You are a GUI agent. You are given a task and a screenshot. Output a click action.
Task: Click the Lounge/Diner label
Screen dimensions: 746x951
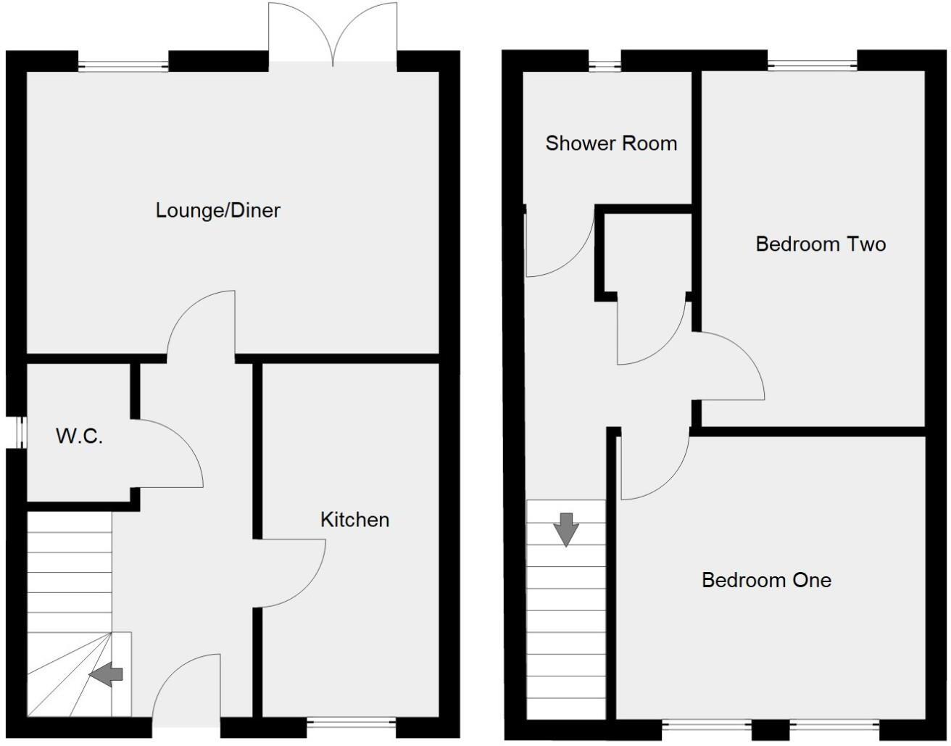(217, 210)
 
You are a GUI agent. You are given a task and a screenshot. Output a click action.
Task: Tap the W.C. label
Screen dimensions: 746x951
(79, 436)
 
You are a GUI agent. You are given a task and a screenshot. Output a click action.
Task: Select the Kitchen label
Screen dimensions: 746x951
(354, 520)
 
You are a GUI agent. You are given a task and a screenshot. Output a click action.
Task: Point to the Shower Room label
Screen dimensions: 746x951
(611, 144)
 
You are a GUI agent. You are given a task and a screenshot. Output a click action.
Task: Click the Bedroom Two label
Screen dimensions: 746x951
(821, 244)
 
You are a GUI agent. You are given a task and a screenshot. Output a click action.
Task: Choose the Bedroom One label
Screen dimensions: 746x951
(766, 580)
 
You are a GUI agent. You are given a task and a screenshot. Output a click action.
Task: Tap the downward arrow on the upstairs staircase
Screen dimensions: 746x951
(565, 529)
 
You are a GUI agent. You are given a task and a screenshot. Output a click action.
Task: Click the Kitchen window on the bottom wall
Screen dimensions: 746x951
(352, 721)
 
